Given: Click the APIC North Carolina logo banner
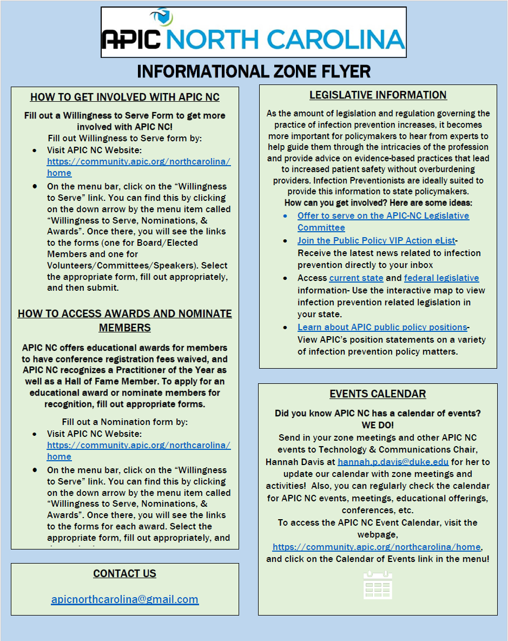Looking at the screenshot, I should pyautogui.click(x=253, y=32).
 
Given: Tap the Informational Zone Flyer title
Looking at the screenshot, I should pyautogui.click(x=254, y=71).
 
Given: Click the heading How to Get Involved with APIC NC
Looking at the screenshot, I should pyautogui.click(x=125, y=97).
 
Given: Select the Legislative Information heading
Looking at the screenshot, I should pyautogui.click(x=378, y=95).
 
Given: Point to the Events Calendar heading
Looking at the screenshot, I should pyautogui.click(x=378, y=394).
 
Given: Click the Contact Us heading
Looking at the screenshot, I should pyautogui.click(x=124, y=573).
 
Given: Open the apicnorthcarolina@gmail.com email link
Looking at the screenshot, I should pyautogui.click(x=124, y=599).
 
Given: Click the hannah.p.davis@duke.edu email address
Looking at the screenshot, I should pyautogui.click(x=393, y=462).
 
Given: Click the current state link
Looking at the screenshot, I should pyautogui.click(x=356, y=278).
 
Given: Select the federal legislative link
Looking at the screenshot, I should pyautogui.click(x=441, y=278).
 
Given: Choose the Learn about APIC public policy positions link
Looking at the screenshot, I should pyautogui.click(x=382, y=327).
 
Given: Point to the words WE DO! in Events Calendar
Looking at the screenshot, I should pyautogui.click(x=378, y=425).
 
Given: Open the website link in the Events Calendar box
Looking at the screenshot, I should pyautogui.click(x=377, y=547).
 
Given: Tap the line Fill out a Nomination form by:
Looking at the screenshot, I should pyautogui.click(x=124, y=422).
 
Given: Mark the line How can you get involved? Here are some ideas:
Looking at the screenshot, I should pyautogui.click(x=378, y=202).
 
